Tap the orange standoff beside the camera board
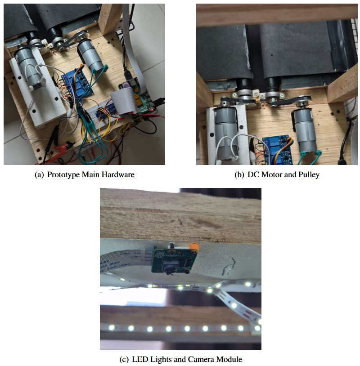194,247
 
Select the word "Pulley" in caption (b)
309,174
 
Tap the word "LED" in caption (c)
140,359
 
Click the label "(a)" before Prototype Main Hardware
39,174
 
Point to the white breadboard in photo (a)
97,112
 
